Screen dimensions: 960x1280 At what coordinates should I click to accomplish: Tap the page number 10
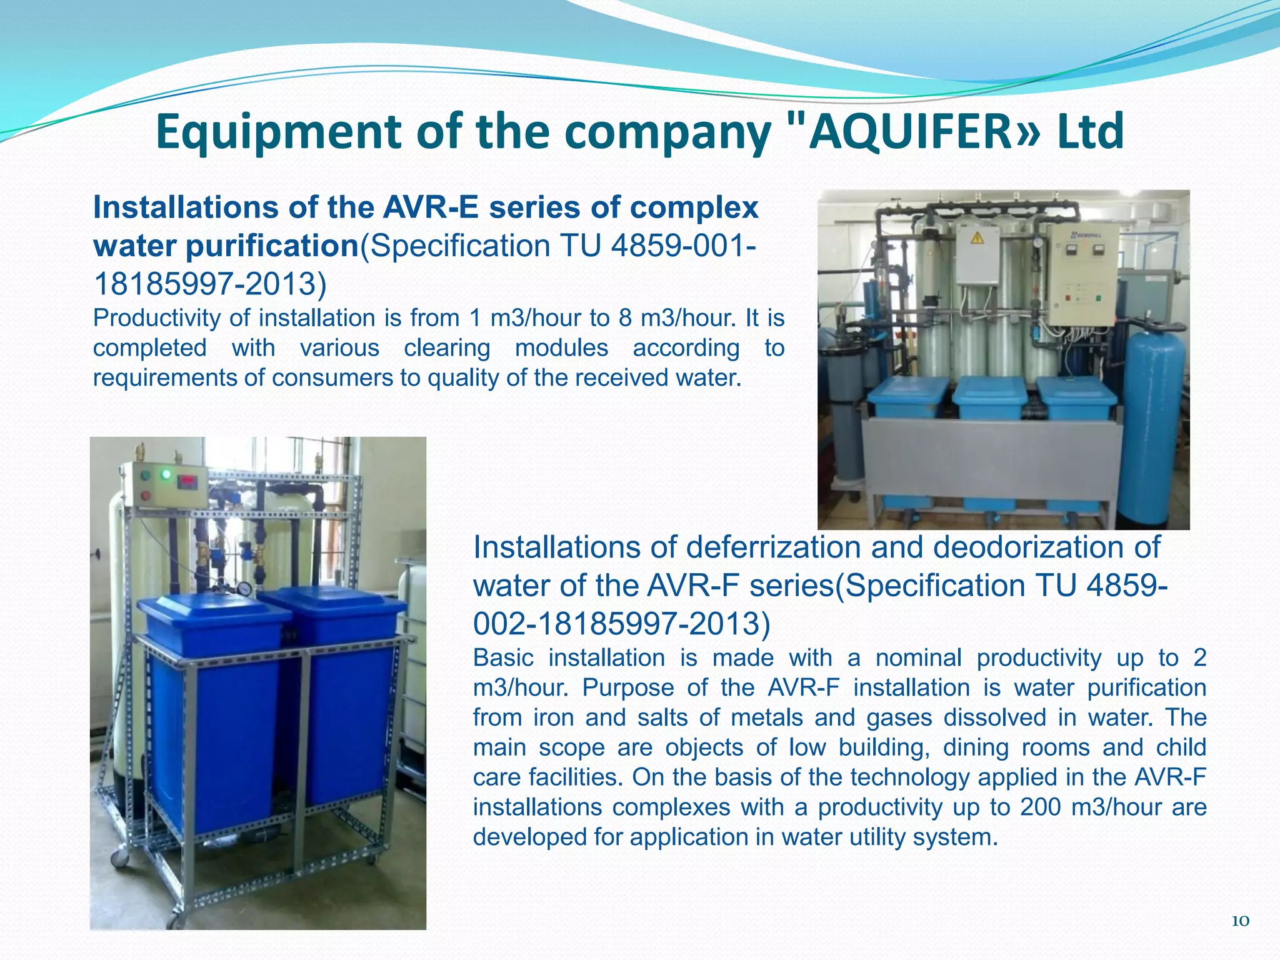pyautogui.click(x=1240, y=920)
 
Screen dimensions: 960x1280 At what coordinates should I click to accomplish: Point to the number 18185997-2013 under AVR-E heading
pyautogui.click(x=209, y=284)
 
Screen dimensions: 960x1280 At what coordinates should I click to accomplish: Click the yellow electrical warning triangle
pyautogui.click(x=977, y=238)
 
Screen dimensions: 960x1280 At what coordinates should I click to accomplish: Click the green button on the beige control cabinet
pyautogui.click(x=1102, y=299)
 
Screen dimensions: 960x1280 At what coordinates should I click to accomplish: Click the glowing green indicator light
pyautogui.click(x=166, y=474)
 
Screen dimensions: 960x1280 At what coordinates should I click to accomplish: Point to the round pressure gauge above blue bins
pyautogui.click(x=245, y=588)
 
